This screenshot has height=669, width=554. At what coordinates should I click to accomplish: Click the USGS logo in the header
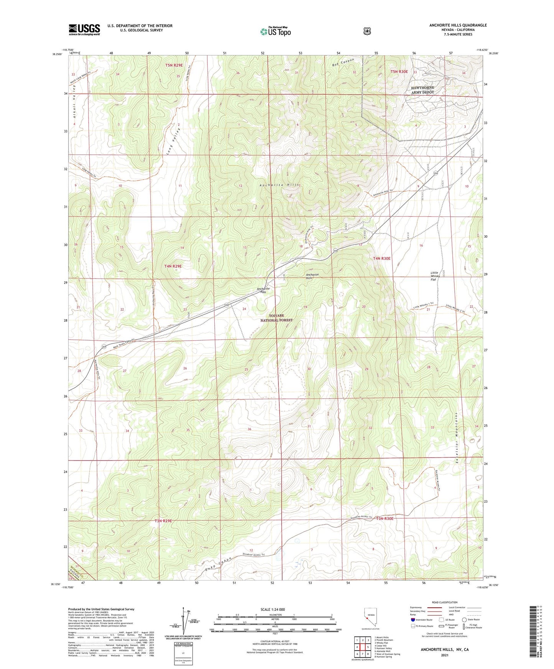[84, 30]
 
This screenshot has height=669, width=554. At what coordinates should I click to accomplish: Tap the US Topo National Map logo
[275, 31]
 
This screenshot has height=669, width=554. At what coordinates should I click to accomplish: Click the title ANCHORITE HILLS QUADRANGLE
[458, 25]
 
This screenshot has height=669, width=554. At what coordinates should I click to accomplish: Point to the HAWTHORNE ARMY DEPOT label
[423, 90]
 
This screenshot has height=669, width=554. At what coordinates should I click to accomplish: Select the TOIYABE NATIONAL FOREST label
[276, 318]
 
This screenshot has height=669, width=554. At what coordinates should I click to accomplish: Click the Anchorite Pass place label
[263, 290]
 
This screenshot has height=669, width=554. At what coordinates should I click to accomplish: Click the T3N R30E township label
[385, 518]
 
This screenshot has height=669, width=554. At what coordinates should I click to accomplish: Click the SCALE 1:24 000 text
[273, 610]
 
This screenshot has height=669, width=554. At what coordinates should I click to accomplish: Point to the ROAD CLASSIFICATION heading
[444, 602]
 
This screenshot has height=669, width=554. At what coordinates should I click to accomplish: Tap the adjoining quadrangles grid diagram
[362, 647]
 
